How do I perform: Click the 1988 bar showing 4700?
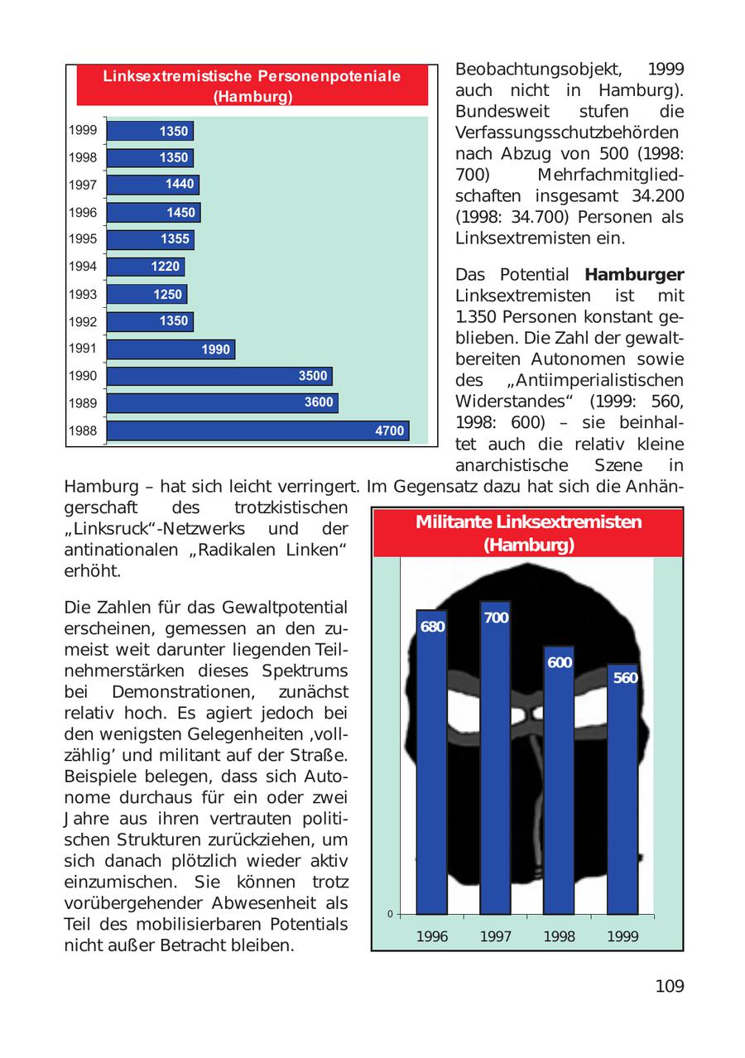[x=257, y=430]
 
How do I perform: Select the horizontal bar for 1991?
[x=171, y=349]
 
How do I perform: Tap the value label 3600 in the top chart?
[x=319, y=403]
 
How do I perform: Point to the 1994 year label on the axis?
[x=83, y=267]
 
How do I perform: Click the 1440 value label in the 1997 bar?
[x=180, y=185]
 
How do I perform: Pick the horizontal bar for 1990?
[x=219, y=377]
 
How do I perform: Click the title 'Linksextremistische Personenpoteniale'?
[x=252, y=76]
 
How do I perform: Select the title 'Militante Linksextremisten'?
[x=528, y=522]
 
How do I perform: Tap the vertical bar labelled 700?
[x=495, y=757]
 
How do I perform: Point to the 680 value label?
[x=432, y=627]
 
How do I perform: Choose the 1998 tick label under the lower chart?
[x=560, y=937]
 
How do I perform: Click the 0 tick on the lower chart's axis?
[x=389, y=914]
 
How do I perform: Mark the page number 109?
[x=669, y=986]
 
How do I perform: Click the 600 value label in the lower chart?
[x=560, y=662]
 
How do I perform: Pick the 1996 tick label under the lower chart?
[x=432, y=937]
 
